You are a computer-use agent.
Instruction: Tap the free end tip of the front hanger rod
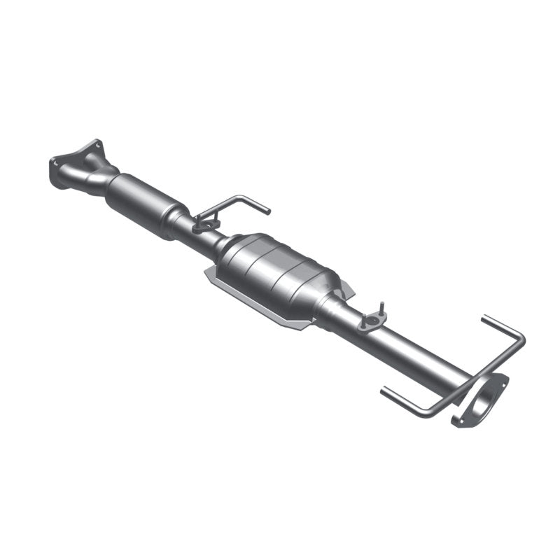point(267,210)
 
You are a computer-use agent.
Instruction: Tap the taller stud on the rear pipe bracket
point(382,309)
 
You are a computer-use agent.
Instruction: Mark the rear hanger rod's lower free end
point(384,390)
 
